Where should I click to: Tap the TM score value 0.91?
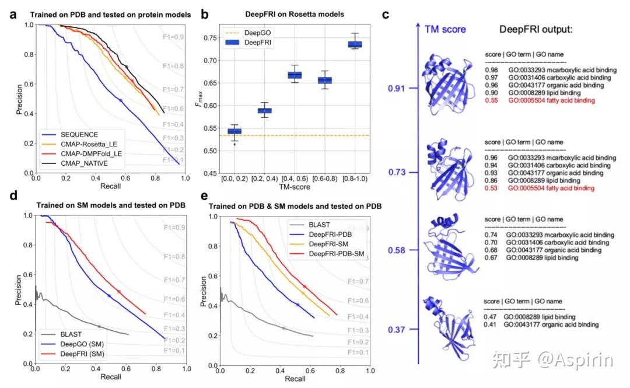[397, 89]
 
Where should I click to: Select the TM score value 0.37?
[397, 330]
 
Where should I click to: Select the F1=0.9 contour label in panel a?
[173, 37]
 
